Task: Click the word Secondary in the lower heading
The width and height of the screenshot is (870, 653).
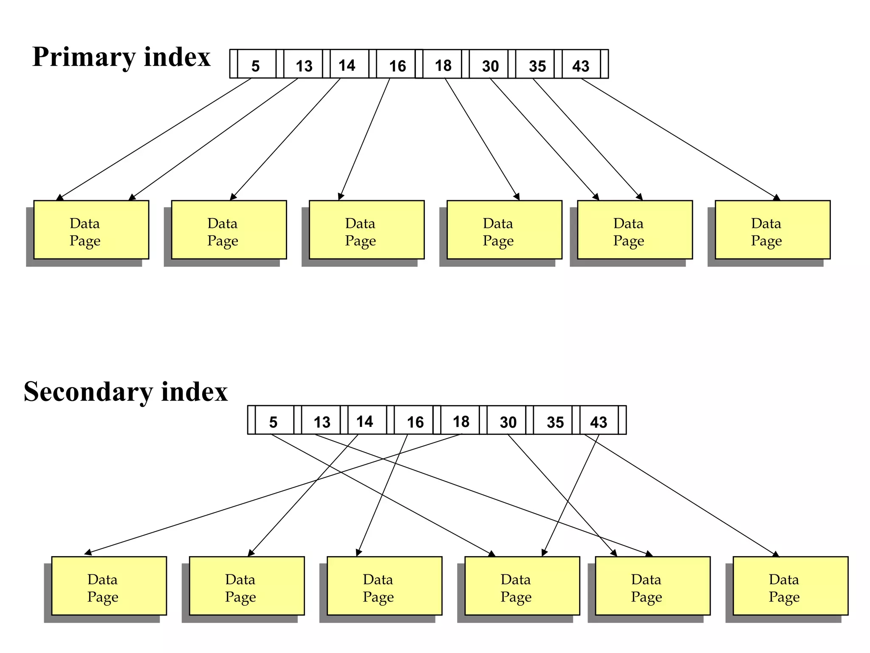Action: pyautogui.click(x=87, y=392)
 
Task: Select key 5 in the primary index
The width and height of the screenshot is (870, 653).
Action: pyautogui.click(x=255, y=65)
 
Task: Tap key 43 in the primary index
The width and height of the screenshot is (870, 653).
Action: pyautogui.click(x=581, y=65)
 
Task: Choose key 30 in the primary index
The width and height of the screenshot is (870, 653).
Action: pyautogui.click(x=490, y=65)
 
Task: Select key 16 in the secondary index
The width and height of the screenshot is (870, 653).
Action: pyautogui.click(x=415, y=422)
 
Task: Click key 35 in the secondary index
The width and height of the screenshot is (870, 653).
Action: pyautogui.click(x=555, y=422)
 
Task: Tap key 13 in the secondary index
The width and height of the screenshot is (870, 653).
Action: pyautogui.click(x=322, y=422)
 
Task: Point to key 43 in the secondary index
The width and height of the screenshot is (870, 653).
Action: pyautogui.click(x=599, y=422)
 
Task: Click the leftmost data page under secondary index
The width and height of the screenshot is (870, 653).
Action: pyautogui.click(x=109, y=586)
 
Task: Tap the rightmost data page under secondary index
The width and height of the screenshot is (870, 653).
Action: pyautogui.click(x=790, y=586)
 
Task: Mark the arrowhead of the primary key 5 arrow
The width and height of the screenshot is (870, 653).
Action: pyautogui.click(x=59, y=198)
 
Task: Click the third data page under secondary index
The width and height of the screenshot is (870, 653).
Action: pyautogui.click(x=384, y=586)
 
